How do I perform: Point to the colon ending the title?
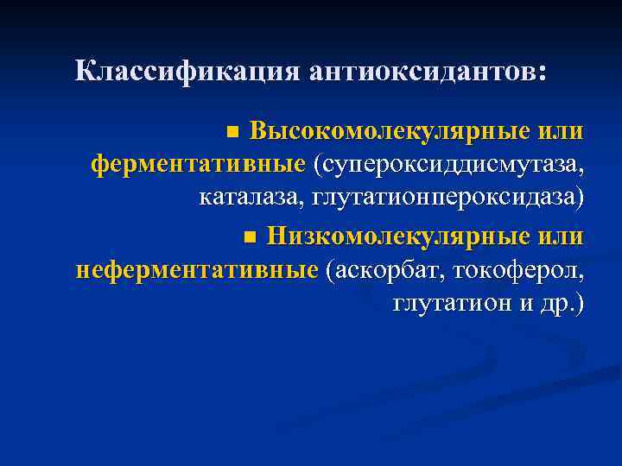click(x=542, y=74)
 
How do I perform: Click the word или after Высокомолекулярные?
click(x=561, y=132)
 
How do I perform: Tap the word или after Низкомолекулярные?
click(x=561, y=235)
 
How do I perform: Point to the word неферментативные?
click(x=198, y=269)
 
